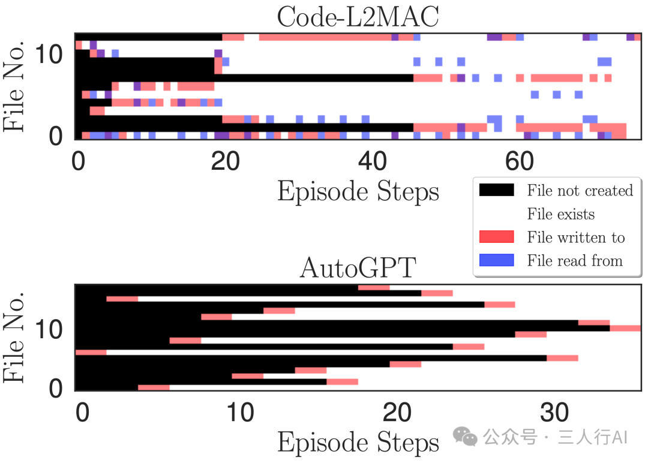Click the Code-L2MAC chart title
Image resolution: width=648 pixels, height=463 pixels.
358,17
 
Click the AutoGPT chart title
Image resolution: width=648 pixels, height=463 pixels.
358,267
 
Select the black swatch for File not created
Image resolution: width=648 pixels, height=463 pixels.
497,190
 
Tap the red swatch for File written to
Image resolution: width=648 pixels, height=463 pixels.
497,237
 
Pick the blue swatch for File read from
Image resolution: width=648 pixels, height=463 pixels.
497,260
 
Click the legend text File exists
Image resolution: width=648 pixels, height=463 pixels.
561,214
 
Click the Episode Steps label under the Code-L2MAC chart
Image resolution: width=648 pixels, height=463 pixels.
358,191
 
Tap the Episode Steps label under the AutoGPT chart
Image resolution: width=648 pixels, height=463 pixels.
358,443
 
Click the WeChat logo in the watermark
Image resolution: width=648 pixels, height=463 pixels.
466,437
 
